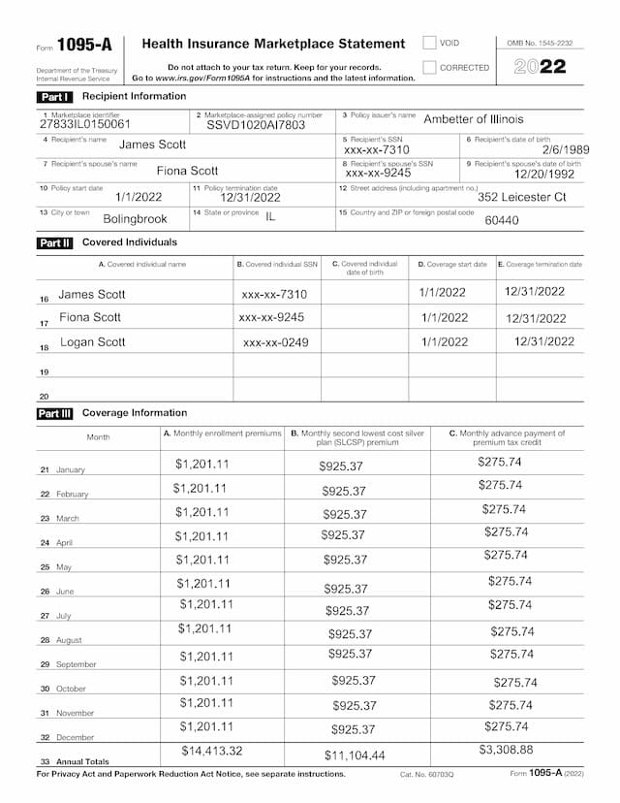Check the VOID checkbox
coord(429,43)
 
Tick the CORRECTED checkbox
coord(429,68)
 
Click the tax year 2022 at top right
coord(540,67)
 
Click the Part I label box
coord(53,97)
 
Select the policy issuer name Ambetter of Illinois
coord(473,119)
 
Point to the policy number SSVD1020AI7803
coord(256,125)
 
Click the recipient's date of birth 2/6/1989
coord(565,149)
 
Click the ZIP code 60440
coord(501,220)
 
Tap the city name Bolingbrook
coord(135,219)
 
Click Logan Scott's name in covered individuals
coord(93,342)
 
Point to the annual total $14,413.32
coord(212,751)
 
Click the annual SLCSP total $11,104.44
coord(355,755)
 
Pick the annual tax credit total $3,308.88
coord(506,750)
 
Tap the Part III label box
coord(54,413)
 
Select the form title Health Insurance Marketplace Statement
coord(273,44)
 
